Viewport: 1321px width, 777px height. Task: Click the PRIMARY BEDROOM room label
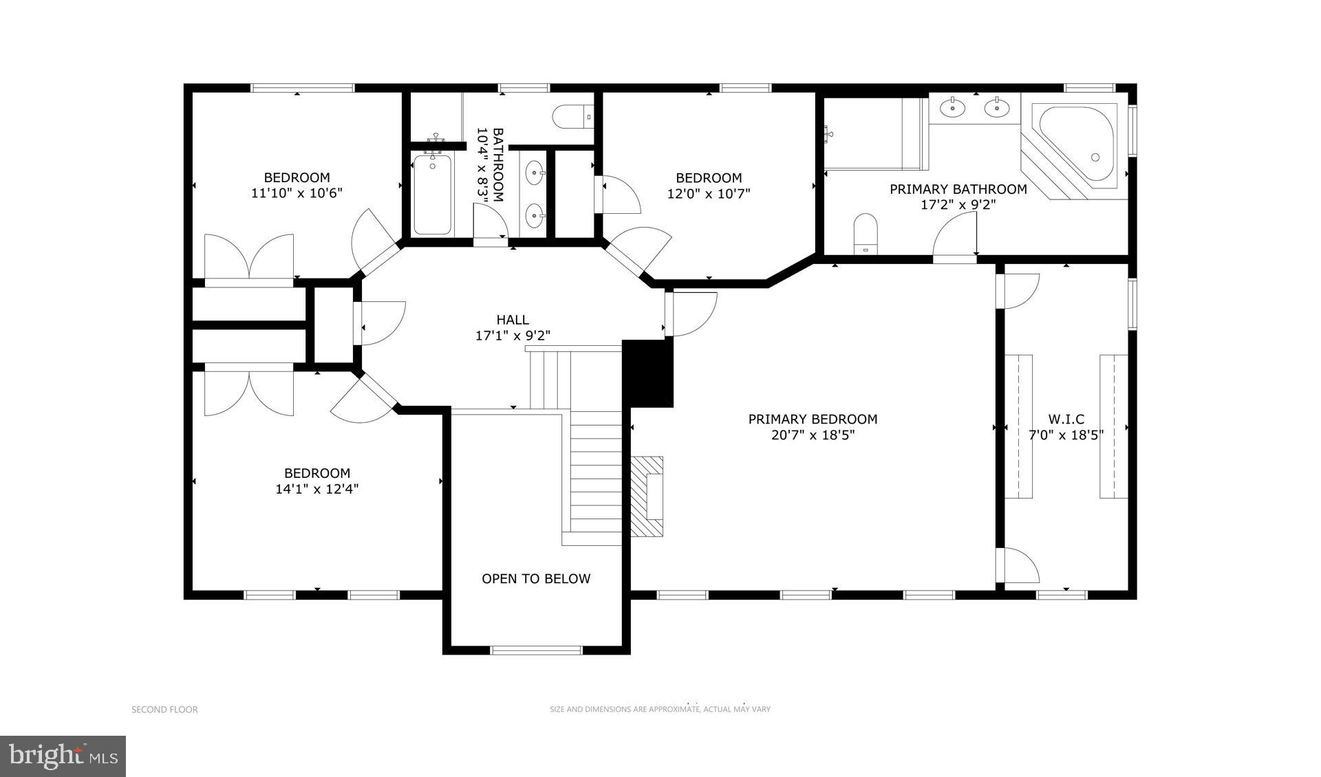(x=813, y=419)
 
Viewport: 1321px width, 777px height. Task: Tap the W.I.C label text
(x=1066, y=419)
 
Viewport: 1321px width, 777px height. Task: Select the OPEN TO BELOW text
(x=536, y=578)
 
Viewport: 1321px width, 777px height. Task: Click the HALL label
(x=513, y=319)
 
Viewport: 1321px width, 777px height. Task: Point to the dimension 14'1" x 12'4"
(x=317, y=490)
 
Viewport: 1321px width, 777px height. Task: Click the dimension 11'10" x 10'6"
(x=297, y=193)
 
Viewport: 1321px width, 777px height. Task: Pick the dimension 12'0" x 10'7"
(x=709, y=193)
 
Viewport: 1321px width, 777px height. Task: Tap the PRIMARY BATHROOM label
(x=958, y=188)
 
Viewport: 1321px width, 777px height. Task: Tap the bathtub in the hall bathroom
(x=432, y=195)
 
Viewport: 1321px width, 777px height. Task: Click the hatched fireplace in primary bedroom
(x=648, y=496)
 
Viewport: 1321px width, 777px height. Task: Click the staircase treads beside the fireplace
(x=596, y=474)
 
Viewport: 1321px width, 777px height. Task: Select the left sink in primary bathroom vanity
(x=954, y=107)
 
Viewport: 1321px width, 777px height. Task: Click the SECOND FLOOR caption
(x=164, y=710)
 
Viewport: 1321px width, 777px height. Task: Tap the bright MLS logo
(x=63, y=756)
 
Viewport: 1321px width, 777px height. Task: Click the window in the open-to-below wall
(x=537, y=650)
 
